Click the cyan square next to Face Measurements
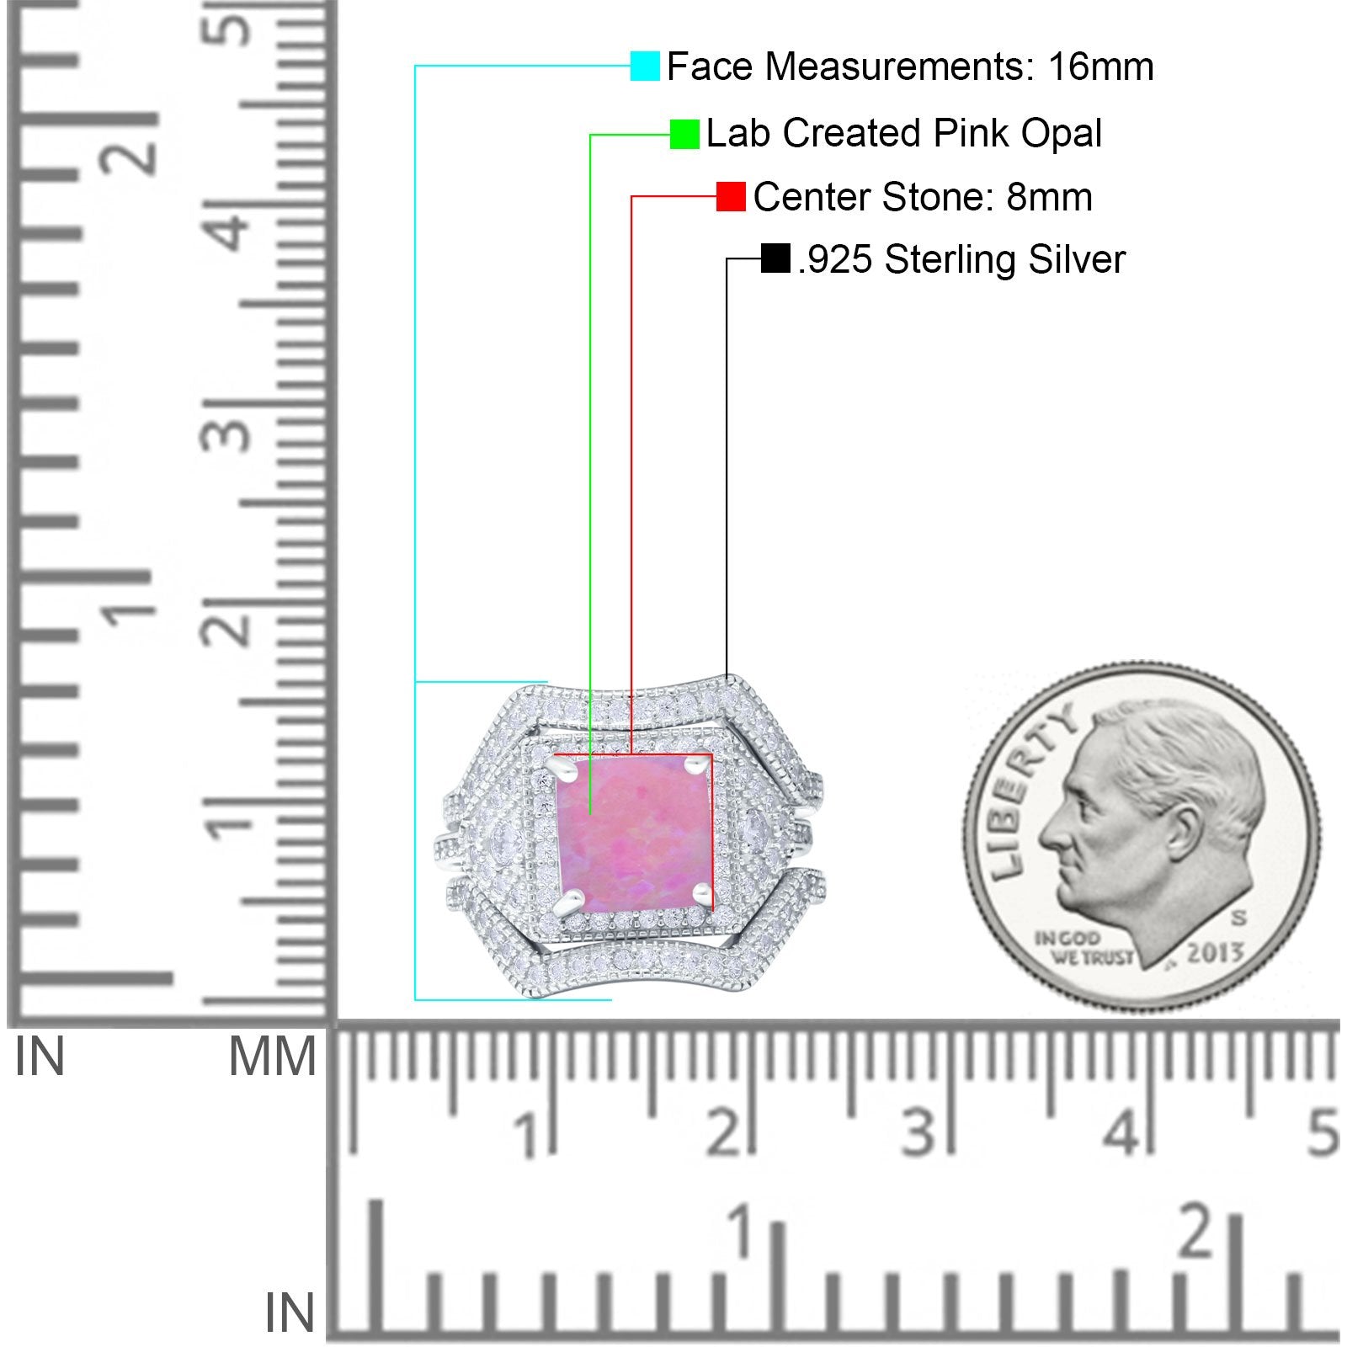point(645,66)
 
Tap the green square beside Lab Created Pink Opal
point(684,134)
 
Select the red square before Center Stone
point(731,197)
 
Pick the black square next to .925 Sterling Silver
point(775,258)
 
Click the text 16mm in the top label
point(1101,67)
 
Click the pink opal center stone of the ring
point(635,833)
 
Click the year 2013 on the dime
point(1215,953)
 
